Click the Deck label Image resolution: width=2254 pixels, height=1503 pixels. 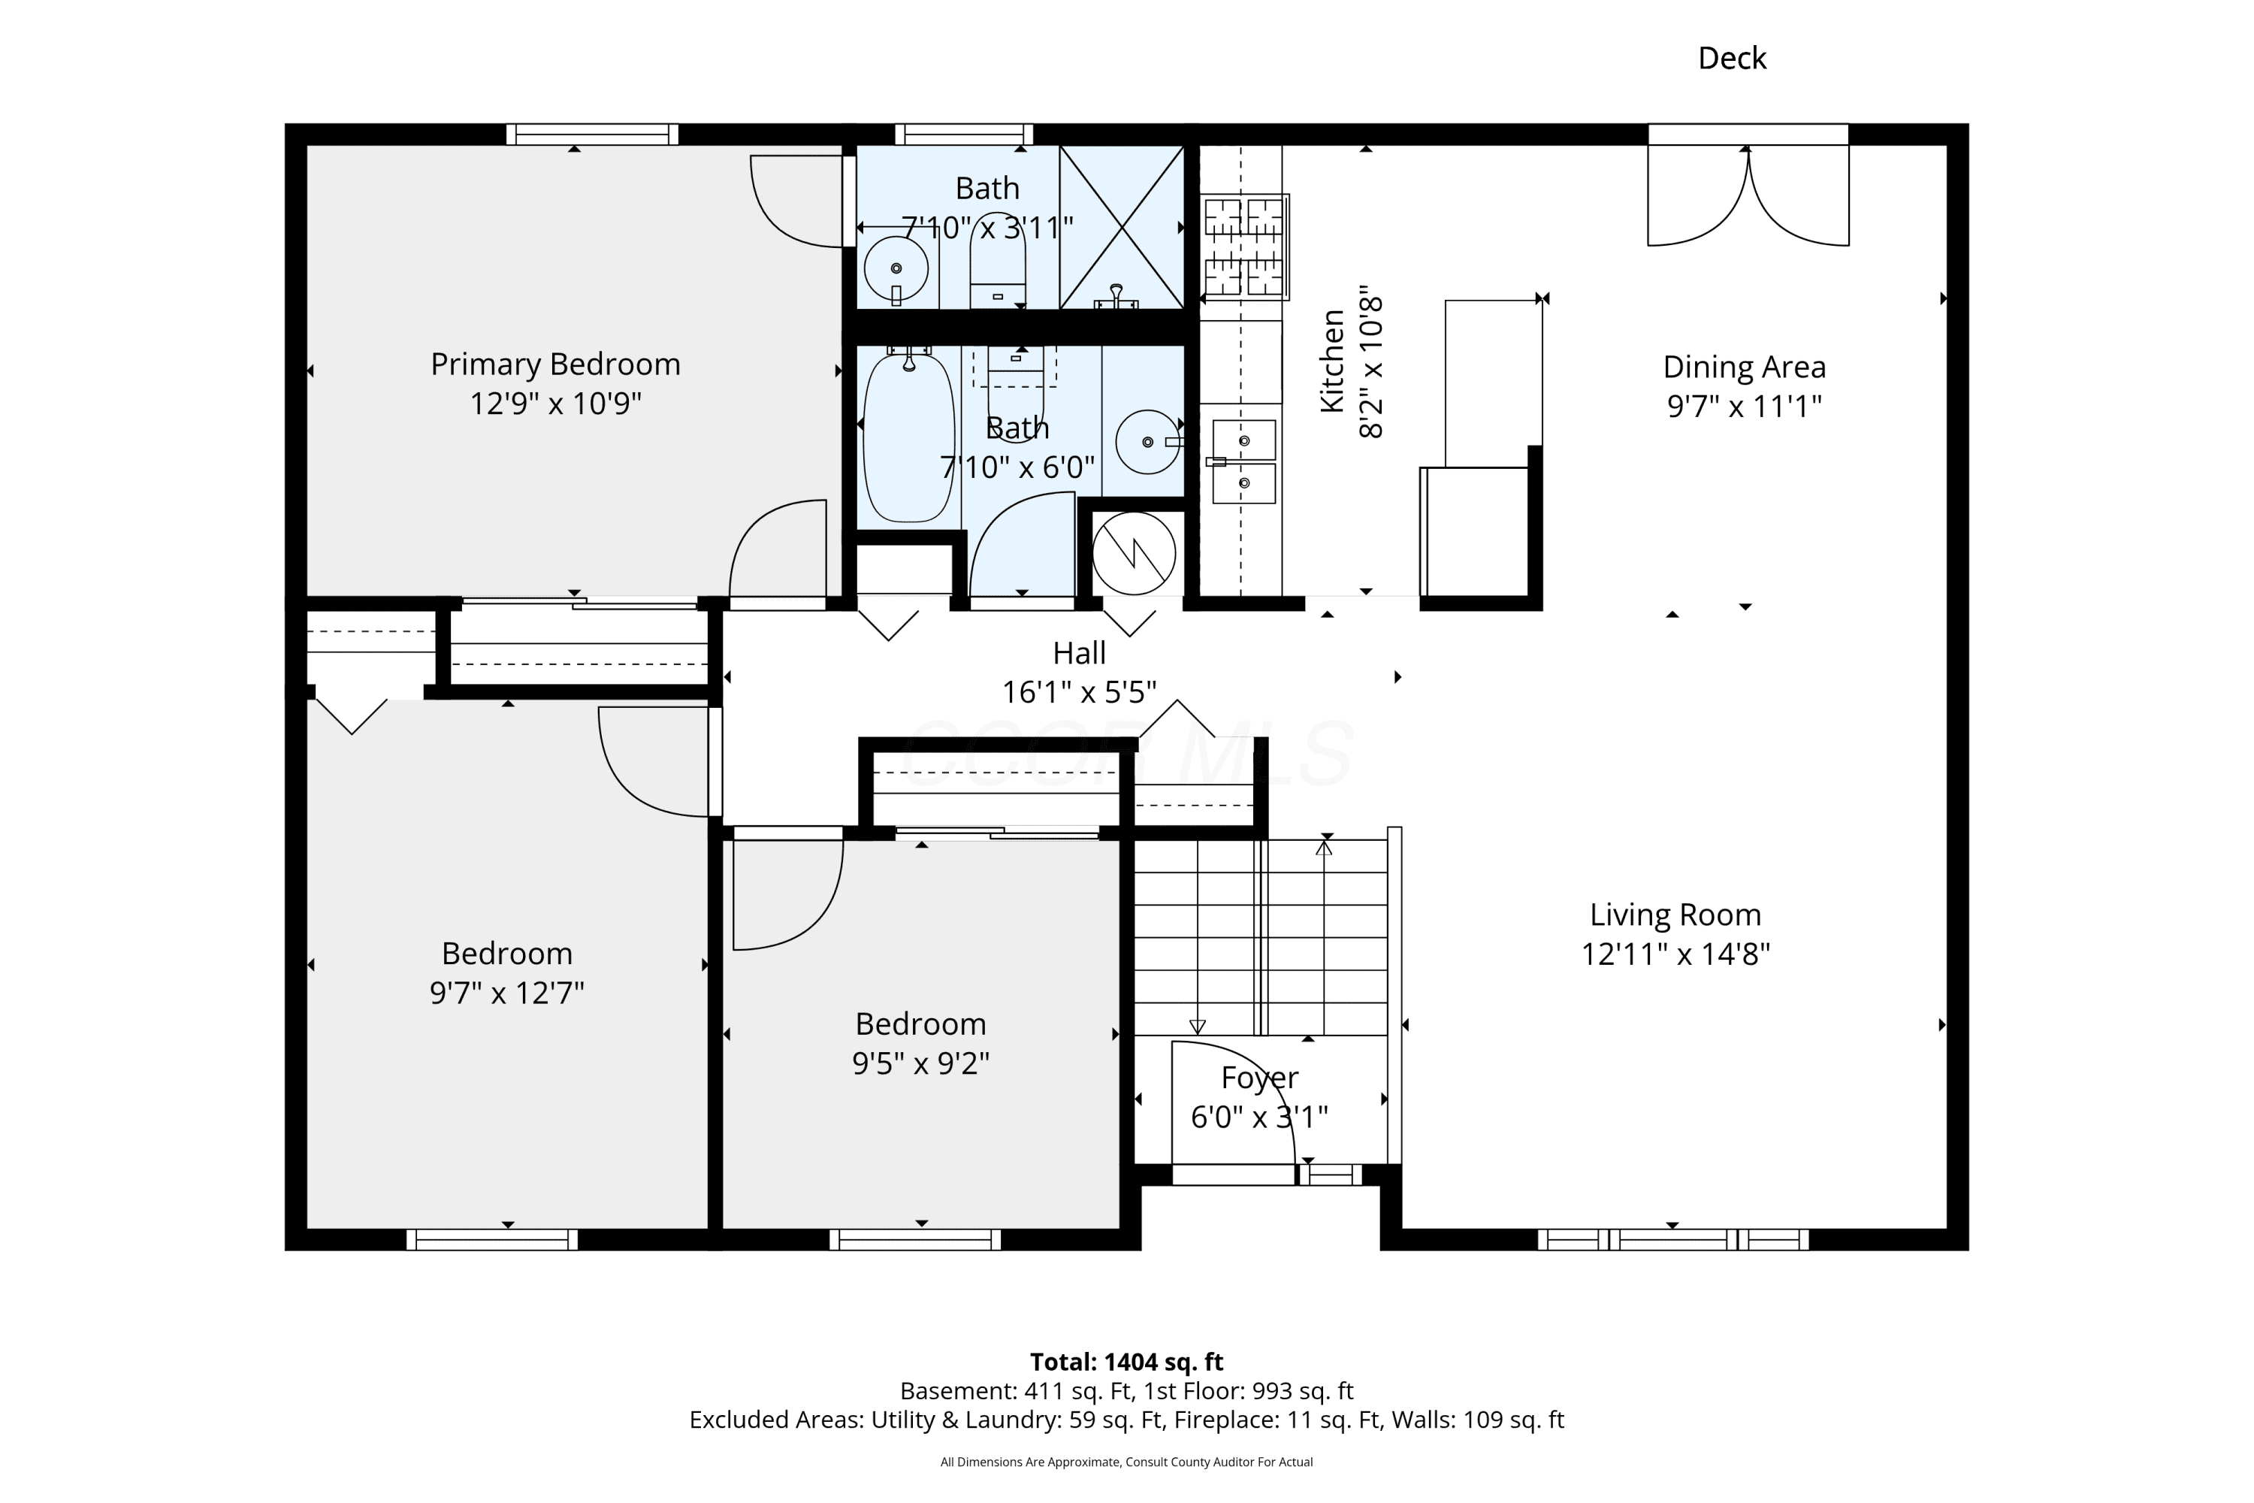pyautogui.click(x=1732, y=59)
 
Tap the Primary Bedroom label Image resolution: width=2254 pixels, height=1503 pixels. pyautogui.click(x=555, y=364)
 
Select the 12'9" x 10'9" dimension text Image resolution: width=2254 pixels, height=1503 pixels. pyautogui.click(x=555, y=404)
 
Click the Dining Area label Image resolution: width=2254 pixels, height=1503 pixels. pyautogui.click(x=1744, y=367)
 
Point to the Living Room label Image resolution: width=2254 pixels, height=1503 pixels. pyautogui.click(x=1675, y=915)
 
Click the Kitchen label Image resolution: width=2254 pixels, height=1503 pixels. pyautogui.click(x=1332, y=361)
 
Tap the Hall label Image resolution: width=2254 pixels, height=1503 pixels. pyautogui.click(x=1079, y=653)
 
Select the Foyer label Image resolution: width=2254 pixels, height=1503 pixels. pyautogui.click(x=1259, y=1078)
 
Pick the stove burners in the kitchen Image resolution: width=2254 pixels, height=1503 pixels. pyautogui.click(x=1244, y=246)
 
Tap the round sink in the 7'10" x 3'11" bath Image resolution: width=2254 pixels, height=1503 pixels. pyautogui.click(x=896, y=268)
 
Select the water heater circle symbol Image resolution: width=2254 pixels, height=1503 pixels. pyautogui.click(x=1134, y=553)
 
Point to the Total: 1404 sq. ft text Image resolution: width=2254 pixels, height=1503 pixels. pyautogui.click(x=1126, y=1361)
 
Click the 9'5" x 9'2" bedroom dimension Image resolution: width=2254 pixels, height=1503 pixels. pyautogui.click(x=920, y=1063)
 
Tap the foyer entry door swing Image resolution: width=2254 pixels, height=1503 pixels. pyautogui.click(x=1234, y=1102)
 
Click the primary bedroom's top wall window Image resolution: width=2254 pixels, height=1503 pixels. pyautogui.click(x=592, y=135)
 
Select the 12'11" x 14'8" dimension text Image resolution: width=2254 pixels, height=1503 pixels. pyautogui.click(x=1675, y=954)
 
